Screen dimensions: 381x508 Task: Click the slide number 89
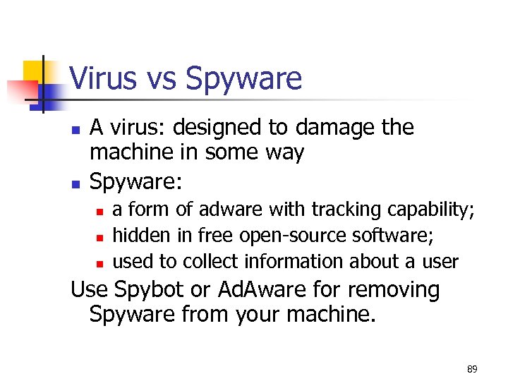click(x=471, y=369)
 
